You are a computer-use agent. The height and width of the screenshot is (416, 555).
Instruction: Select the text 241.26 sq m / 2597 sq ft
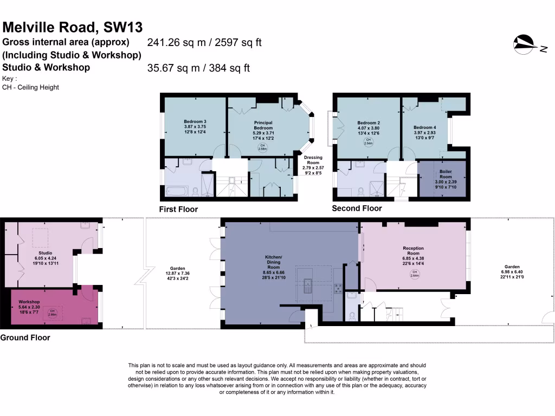(204, 42)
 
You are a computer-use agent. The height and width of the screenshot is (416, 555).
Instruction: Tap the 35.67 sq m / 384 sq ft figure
(198, 68)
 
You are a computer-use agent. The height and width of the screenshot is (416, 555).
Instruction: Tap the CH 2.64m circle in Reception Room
(414, 274)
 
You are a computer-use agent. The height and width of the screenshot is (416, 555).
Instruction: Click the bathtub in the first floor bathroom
(177, 191)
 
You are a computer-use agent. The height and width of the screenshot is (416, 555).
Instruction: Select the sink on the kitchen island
(308, 284)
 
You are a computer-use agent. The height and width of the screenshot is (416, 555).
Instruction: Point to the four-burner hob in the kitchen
(338, 288)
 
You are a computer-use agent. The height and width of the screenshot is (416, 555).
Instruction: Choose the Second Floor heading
(357, 208)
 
